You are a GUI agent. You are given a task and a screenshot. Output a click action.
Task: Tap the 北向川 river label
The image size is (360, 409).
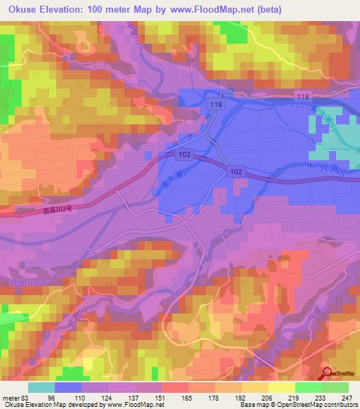click(22, 283)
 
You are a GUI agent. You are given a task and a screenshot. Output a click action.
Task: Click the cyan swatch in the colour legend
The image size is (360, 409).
click(41, 387)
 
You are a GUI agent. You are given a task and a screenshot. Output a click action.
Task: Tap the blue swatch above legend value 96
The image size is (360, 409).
click(68, 387)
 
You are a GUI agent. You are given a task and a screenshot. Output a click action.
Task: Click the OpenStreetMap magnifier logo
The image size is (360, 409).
click(328, 375)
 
